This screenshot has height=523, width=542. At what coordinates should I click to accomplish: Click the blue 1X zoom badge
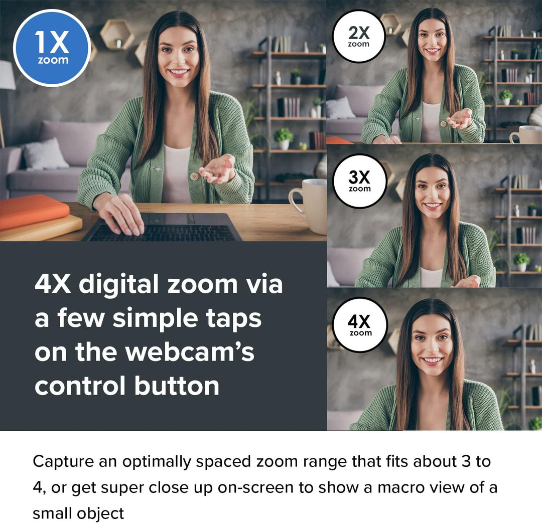coord(52,48)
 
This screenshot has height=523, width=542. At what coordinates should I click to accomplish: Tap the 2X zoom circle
coord(359,36)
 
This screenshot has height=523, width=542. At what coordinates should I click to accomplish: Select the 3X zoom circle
coord(359,181)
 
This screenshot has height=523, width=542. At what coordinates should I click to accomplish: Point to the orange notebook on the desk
coord(33,211)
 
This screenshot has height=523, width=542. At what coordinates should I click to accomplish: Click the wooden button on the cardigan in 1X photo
coord(194,176)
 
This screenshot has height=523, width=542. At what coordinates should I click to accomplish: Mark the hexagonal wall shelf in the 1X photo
coord(117,34)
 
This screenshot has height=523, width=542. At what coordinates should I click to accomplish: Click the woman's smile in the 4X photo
coord(432,360)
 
